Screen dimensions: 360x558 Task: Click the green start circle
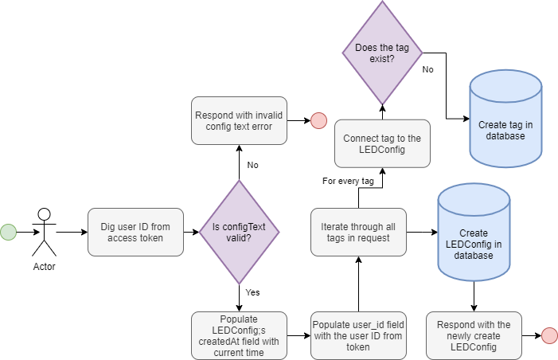[x=8, y=232]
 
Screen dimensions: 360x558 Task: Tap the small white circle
[x=44, y=213]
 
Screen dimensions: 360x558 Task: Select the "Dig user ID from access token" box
[x=135, y=232]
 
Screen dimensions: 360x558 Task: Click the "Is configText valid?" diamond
[x=239, y=232]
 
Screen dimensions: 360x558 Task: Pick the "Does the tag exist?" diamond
[x=381, y=53]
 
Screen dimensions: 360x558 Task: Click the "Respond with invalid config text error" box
[x=239, y=121]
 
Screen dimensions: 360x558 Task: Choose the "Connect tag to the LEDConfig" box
[x=382, y=143]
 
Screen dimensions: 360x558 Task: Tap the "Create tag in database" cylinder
[x=505, y=119]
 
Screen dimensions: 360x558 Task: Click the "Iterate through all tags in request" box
[x=357, y=232]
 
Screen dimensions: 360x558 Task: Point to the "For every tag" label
[x=348, y=182]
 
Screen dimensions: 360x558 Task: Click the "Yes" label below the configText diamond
[x=252, y=292]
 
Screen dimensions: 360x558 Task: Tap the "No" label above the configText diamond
[x=252, y=166]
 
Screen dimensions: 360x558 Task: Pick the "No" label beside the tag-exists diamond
[x=427, y=70]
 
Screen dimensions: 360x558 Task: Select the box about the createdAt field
[x=239, y=335]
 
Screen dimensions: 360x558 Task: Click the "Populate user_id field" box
[x=357, y=335]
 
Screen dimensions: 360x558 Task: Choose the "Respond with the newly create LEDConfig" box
[x=474, y=335]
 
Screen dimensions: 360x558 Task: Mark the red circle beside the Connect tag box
[x=318, y=121]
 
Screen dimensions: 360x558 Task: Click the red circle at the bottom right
[x=549, y=335]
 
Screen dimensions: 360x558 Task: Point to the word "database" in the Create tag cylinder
[x=505, y=136]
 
